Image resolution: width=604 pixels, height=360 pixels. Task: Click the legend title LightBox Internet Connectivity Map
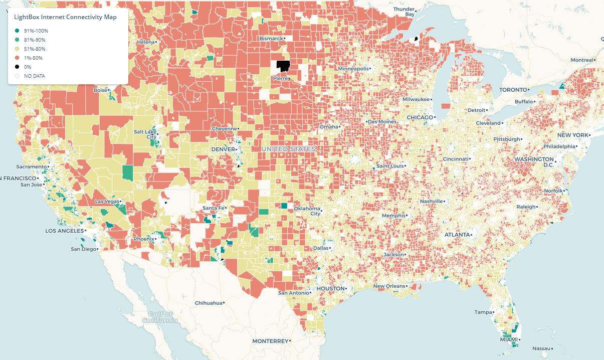65,17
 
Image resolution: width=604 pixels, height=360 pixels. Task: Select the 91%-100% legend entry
36,31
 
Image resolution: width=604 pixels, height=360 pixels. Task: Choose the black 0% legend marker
17,67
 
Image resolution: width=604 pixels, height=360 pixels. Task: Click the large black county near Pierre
283,66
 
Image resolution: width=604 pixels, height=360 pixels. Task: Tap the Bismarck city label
271,39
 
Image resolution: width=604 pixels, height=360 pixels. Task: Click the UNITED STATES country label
289,149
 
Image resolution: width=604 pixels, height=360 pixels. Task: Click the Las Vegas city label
107,202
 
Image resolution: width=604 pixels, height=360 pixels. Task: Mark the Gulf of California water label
159,317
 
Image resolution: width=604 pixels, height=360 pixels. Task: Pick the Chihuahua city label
208,303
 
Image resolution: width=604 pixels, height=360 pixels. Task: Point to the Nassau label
541,348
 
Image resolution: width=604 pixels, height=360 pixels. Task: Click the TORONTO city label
513,90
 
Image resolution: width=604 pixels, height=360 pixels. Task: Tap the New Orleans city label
389,286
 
